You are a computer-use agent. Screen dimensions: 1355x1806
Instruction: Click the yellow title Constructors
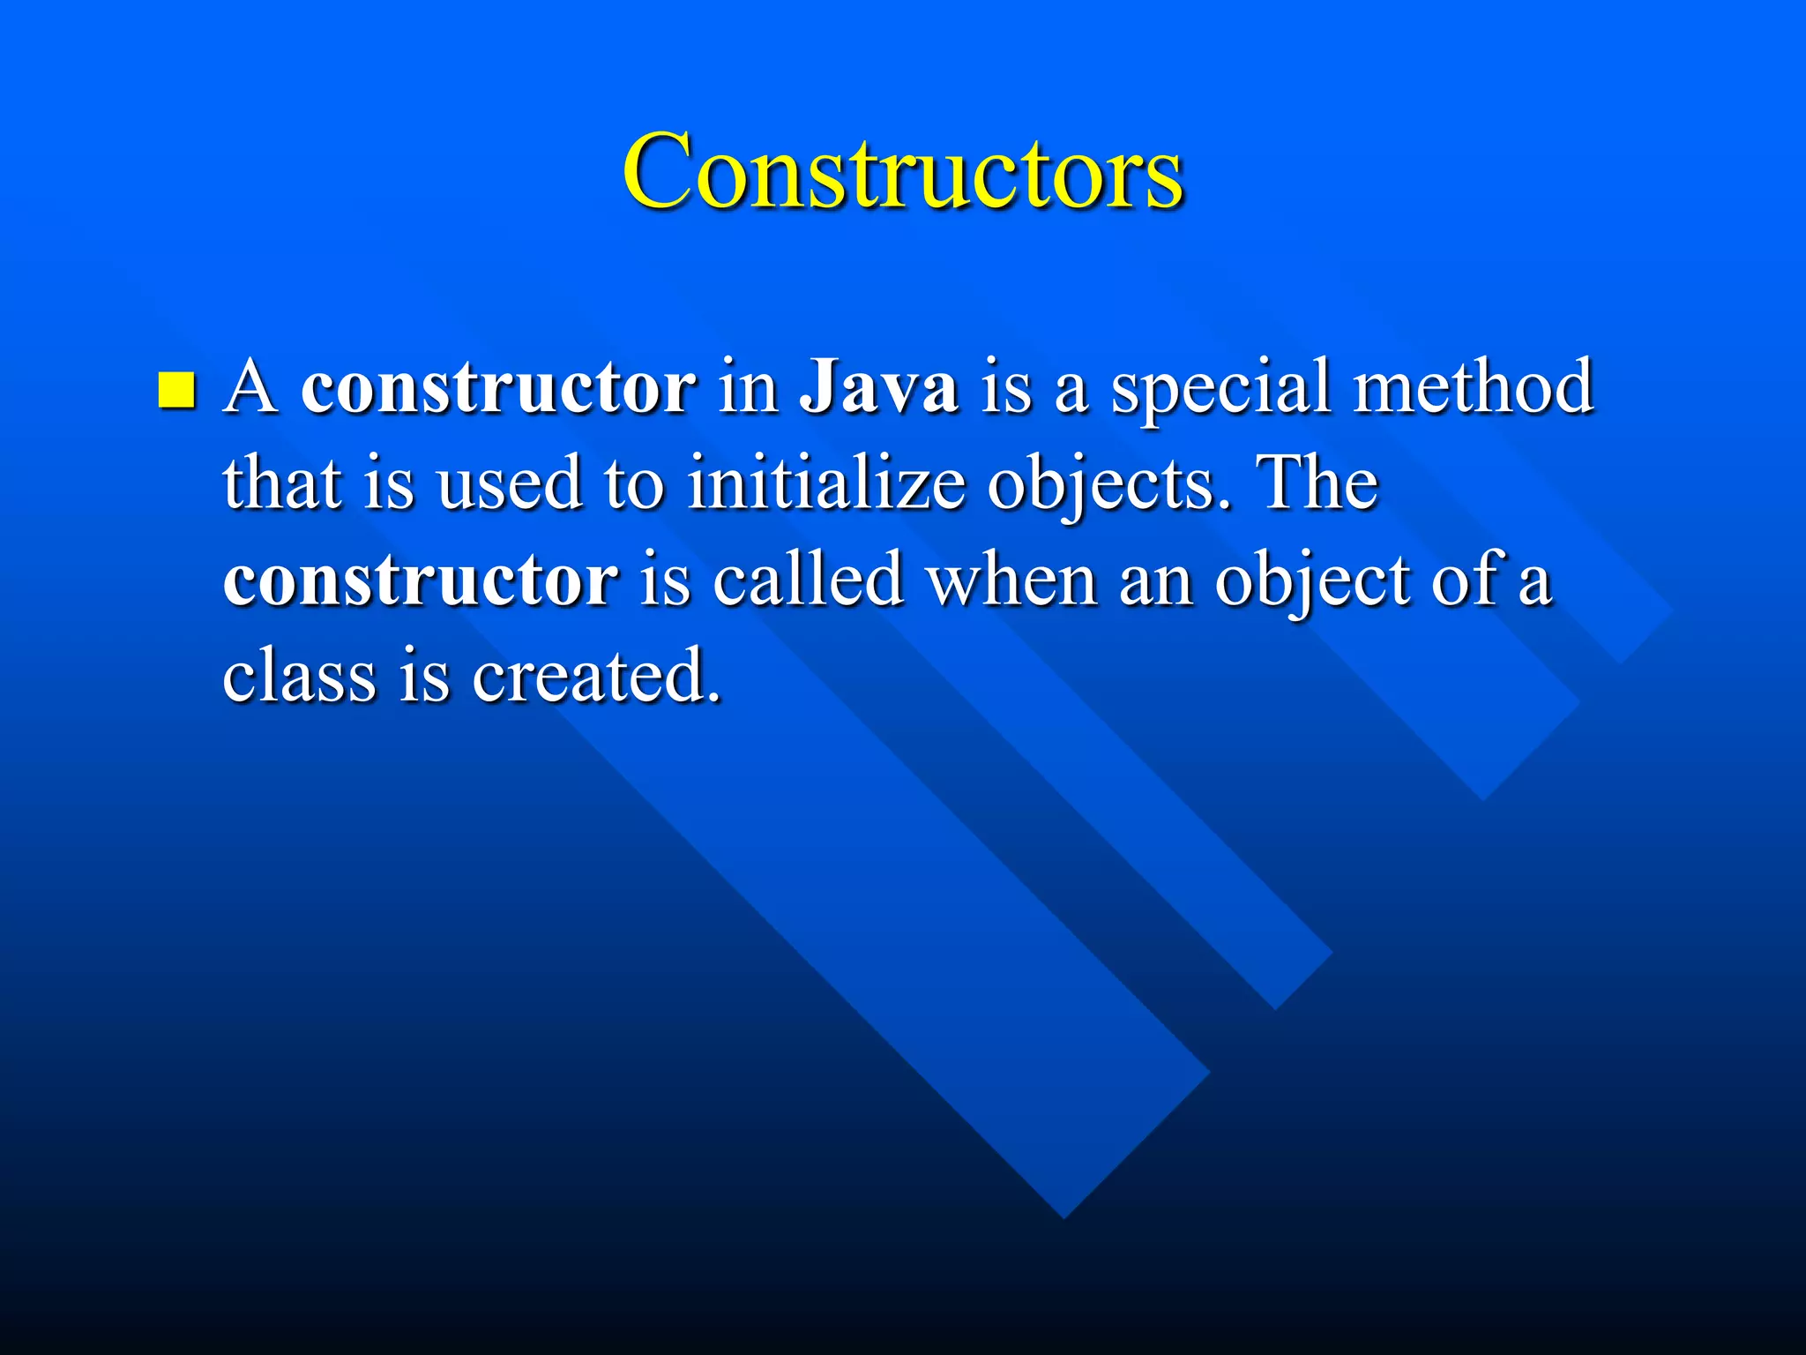[x=902, y=172]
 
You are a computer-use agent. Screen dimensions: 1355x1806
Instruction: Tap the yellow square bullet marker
[x=176, y=391]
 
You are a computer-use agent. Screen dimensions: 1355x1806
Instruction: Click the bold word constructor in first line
[x=498, y=388]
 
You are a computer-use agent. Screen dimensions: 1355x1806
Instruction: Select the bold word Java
[x=879, y=388]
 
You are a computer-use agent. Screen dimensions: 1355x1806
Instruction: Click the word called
[x=808, y=580]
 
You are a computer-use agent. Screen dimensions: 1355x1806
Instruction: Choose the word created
[x=596, y=677]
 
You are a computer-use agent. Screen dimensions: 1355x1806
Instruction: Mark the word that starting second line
[x=282, y=483]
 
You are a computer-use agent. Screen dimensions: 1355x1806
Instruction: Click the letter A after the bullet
[x=251, y=388]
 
